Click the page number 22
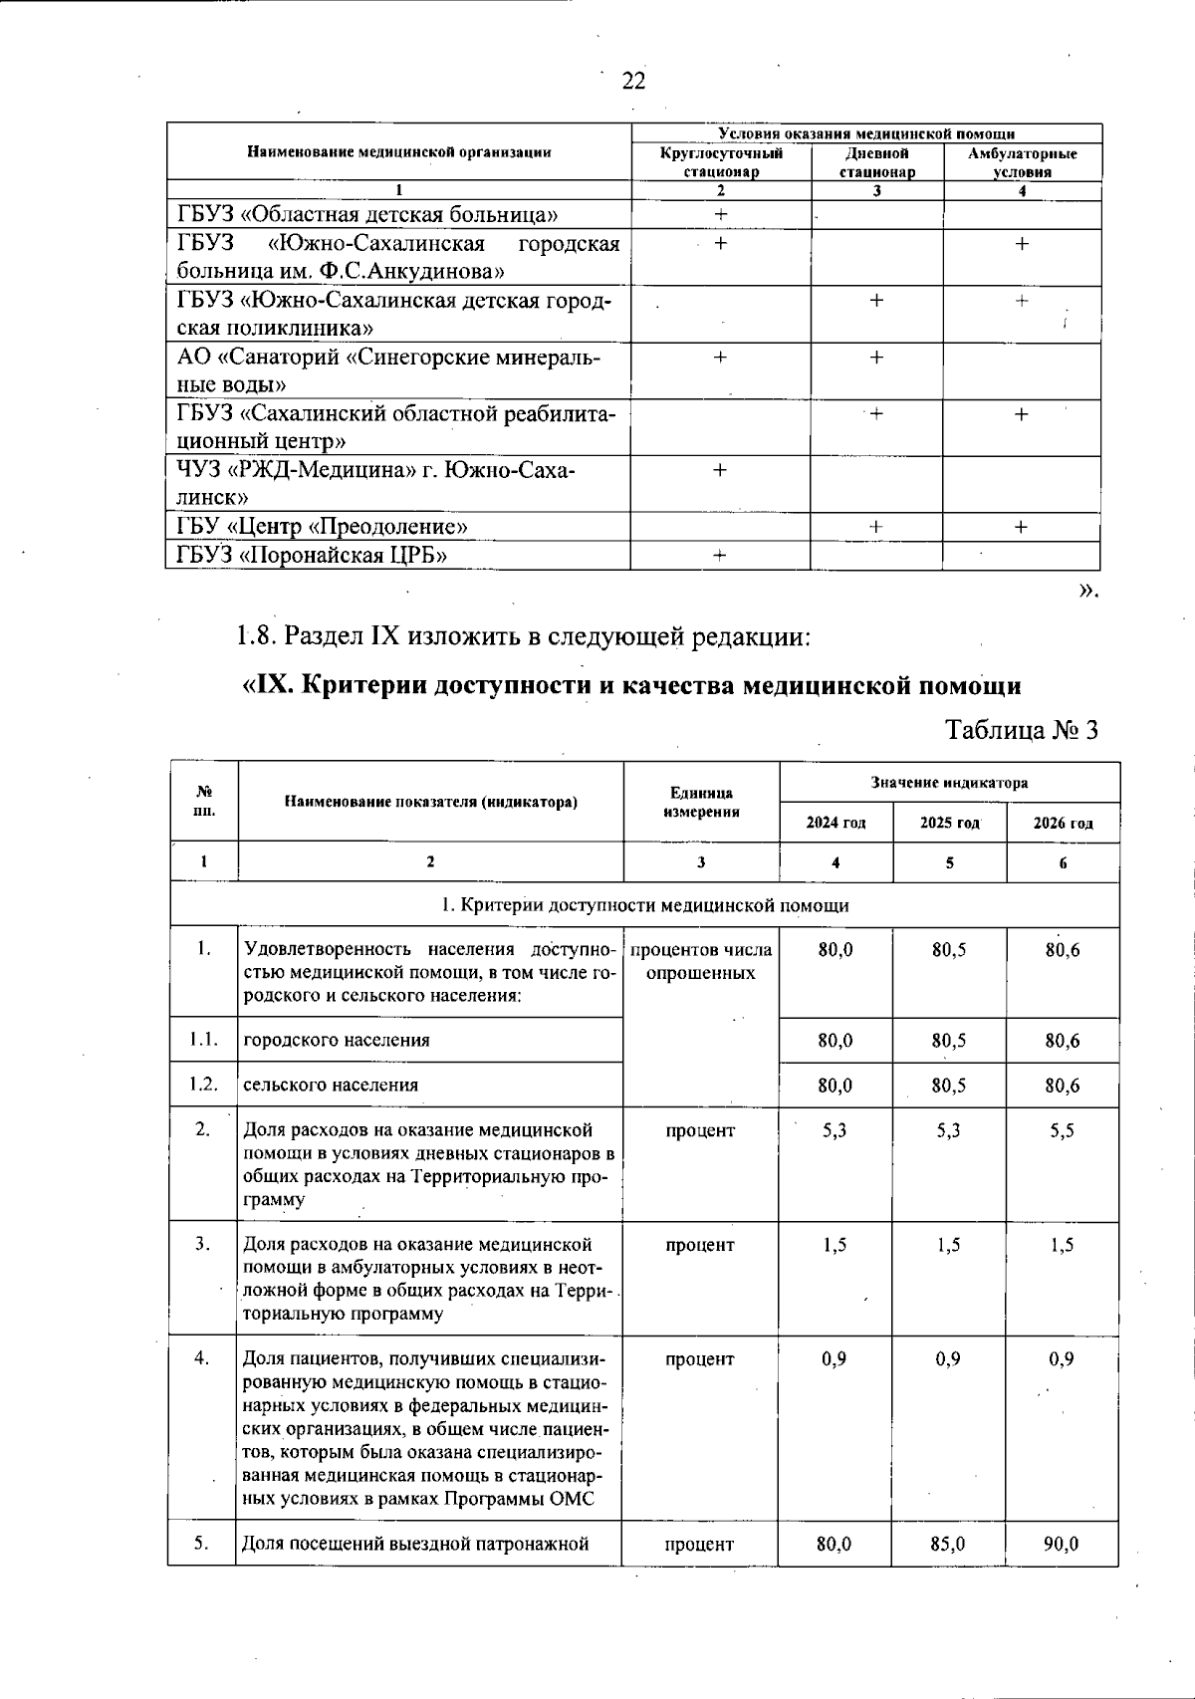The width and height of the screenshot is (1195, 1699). click(633, 81)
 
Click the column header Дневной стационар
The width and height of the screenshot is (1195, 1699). click(876, 162)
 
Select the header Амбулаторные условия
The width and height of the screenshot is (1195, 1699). click(1022, 162)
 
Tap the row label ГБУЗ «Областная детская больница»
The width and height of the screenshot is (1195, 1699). click(367, 214)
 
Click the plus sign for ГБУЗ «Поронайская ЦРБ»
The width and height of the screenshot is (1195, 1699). click(720, 556)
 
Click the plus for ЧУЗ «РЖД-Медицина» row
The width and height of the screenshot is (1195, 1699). click(720, 470)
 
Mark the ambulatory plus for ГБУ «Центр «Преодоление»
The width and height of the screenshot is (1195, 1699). click(1022, 527)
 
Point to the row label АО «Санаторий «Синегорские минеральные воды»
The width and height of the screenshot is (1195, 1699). click(389, 370)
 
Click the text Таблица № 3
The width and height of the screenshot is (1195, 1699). click(1022, 730)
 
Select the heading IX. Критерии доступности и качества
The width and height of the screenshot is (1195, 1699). click(632, 685)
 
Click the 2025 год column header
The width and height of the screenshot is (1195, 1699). click(949, 823)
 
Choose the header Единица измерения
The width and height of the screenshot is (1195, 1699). click(701, 802)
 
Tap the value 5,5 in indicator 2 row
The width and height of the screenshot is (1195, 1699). click(1063, 1130)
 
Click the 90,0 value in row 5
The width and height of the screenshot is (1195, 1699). click(1063, 1544)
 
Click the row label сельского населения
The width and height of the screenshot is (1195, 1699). click(331, 1085)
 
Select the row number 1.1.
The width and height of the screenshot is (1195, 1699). click(203, 1040)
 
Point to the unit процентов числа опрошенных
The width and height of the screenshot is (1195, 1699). click(701, 961)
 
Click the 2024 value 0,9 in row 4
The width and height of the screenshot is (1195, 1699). click(835, 1358)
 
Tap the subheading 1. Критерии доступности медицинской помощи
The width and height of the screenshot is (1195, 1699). click(644, 905)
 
